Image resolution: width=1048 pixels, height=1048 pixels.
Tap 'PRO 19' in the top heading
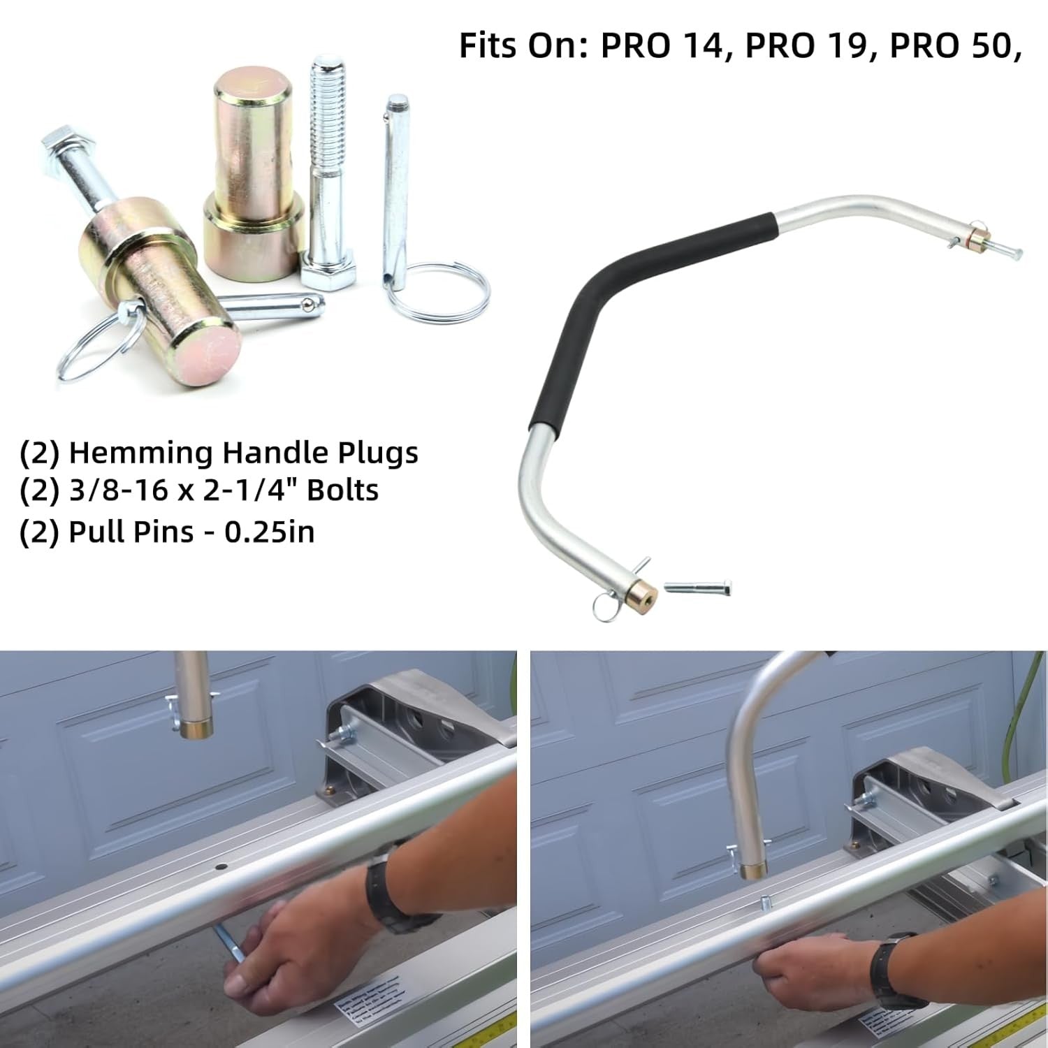tap(806, 45)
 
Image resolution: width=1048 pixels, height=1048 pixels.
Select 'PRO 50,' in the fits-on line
tap(956, 47)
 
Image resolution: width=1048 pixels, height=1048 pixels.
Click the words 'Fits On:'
tap(523, 45)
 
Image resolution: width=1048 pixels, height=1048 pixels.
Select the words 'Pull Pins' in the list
tap(131, 532)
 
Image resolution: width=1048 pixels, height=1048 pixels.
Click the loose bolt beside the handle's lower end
tap(698, 587)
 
